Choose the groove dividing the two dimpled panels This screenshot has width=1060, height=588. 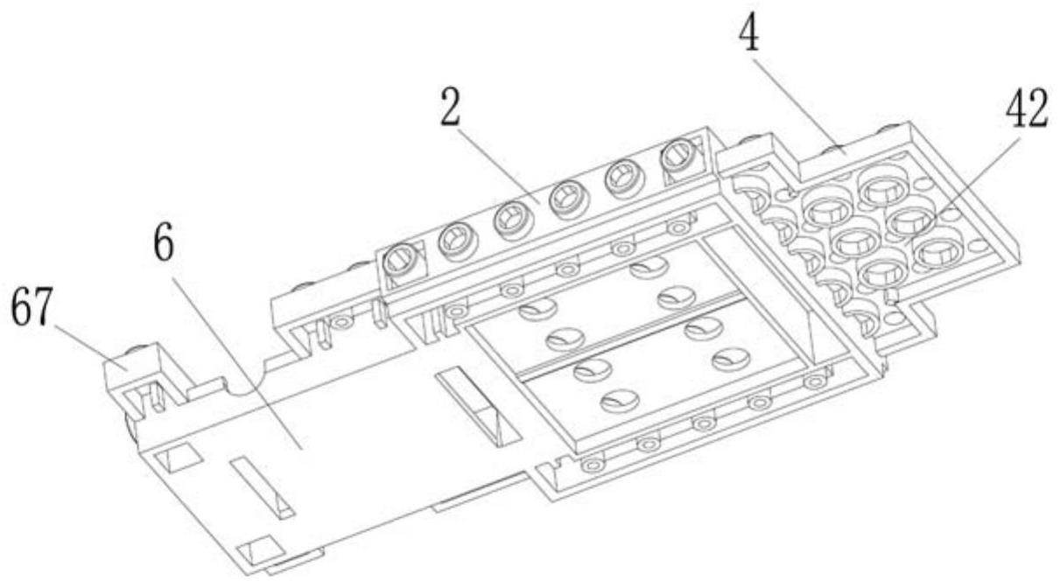[630, 332]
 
